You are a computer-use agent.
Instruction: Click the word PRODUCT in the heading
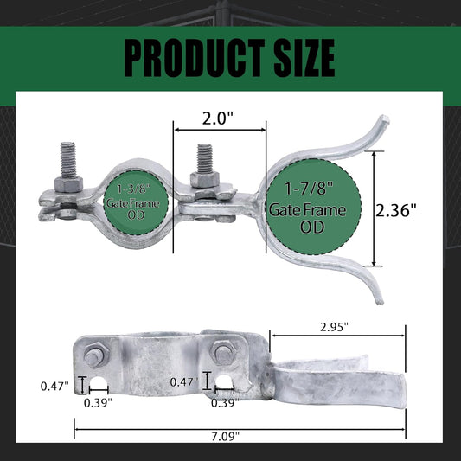[195, 58]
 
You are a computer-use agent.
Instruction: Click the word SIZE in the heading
[304, 58]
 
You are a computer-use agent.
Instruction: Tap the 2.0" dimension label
[217, 118]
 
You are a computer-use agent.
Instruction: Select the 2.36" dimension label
[396, 210]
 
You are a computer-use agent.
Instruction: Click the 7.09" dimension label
[226, 436]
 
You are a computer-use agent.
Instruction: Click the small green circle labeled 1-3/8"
[136, 202]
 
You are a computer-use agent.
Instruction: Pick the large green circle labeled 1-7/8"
[313, 207]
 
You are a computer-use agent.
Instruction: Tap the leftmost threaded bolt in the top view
[68, 160]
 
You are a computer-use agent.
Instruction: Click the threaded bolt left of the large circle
[204, 159]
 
